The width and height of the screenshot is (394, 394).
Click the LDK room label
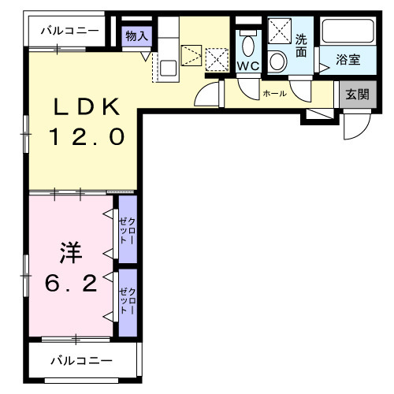[x=86, y=107]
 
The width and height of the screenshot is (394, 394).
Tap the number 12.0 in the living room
[x=86, y=137]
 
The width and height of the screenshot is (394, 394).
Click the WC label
[x=248, y=66]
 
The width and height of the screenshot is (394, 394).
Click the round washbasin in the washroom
[x=278, y=61]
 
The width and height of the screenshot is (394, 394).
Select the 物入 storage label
[x=136, y=35]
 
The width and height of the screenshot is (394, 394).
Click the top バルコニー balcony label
[x=71, y=31]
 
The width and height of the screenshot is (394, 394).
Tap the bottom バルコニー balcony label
[x=81, y=361]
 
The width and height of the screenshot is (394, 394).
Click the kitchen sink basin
[x=168, y=65]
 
